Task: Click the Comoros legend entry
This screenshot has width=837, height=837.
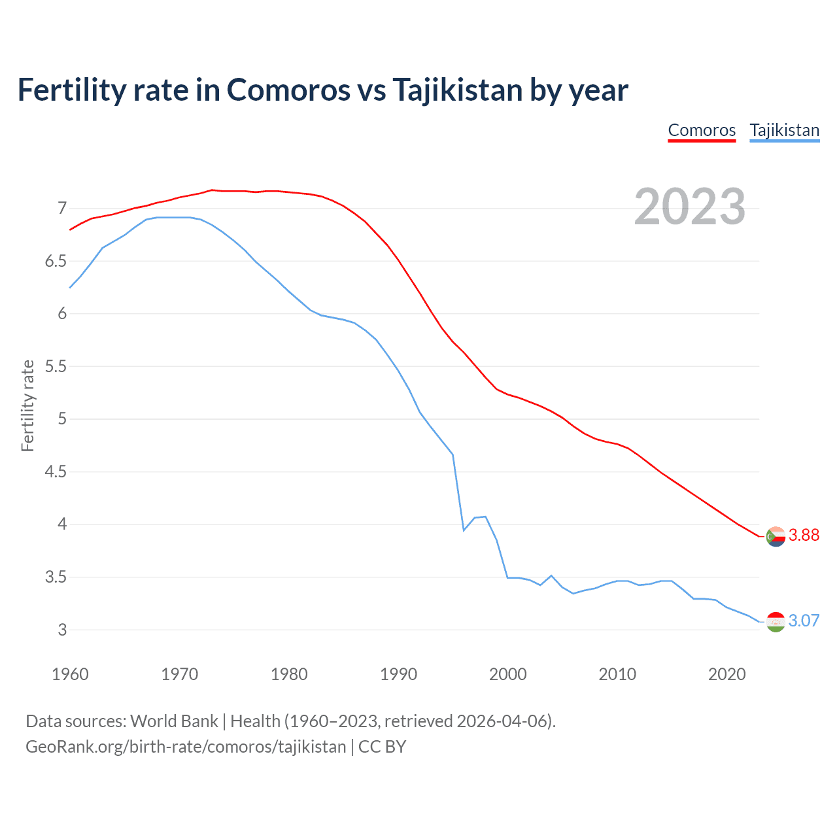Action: [x=702, y=130]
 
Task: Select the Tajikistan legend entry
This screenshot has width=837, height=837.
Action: [x=784, y=130]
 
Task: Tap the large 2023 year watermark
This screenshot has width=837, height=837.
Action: [x=690, y=207]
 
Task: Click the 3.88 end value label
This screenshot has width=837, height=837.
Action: [x=804, y=535]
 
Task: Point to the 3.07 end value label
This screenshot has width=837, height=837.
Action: [x=804, y=621]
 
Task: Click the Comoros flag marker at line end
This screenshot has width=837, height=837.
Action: [x=776, y=536]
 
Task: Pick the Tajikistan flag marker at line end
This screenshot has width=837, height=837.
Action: [x=776, y=622]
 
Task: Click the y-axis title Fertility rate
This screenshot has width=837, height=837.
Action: [x=27, y=405]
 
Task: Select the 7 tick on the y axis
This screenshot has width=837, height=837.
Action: [x=62, y=209]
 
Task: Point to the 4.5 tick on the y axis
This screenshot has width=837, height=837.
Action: [x=56, y=471]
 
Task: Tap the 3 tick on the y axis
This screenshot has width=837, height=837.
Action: [x=62, y=630]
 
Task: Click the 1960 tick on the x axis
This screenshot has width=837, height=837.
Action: [x=70, y=674]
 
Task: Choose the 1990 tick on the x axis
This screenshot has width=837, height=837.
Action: [x=398, y=674]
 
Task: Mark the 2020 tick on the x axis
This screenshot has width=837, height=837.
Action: [x=726, y=674]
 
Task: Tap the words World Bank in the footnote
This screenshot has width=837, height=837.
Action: [x=174, y=721]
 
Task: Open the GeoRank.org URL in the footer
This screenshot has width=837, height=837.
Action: [x=186, y=747]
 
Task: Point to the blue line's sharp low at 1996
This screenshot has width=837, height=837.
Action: [x=464, y=530]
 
